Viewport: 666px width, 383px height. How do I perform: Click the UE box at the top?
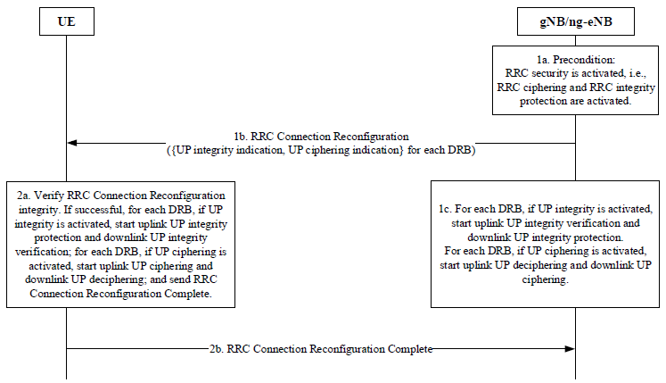[x=67, y=21]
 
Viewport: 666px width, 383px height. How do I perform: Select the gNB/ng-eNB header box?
[x=576, y=21]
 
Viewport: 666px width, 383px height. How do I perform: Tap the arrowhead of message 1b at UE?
[x=72, y=143]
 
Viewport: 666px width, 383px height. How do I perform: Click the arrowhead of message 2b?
[x=570, y=349]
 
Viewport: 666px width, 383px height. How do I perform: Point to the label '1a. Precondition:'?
[x=576, y=60]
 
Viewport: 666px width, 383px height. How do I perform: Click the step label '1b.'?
[x=241, y=137]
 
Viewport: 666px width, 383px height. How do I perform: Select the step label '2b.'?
[x=216, y=349]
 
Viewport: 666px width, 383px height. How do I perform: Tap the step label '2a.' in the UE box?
[x=24, y=196]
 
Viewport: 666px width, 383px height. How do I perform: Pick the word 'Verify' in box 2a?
[x=49, y=196]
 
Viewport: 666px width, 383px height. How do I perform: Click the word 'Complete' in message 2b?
[x=410, y=349]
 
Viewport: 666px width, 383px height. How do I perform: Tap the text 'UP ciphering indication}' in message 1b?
[x=346, y=150]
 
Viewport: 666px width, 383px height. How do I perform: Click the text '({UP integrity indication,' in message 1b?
[x=226, y=150]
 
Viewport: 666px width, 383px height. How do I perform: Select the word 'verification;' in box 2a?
[x=44, y=252]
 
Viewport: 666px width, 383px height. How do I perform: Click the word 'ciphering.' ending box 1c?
[x=545, y=279]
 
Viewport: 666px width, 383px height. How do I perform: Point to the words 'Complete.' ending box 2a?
[x=188, y=294]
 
